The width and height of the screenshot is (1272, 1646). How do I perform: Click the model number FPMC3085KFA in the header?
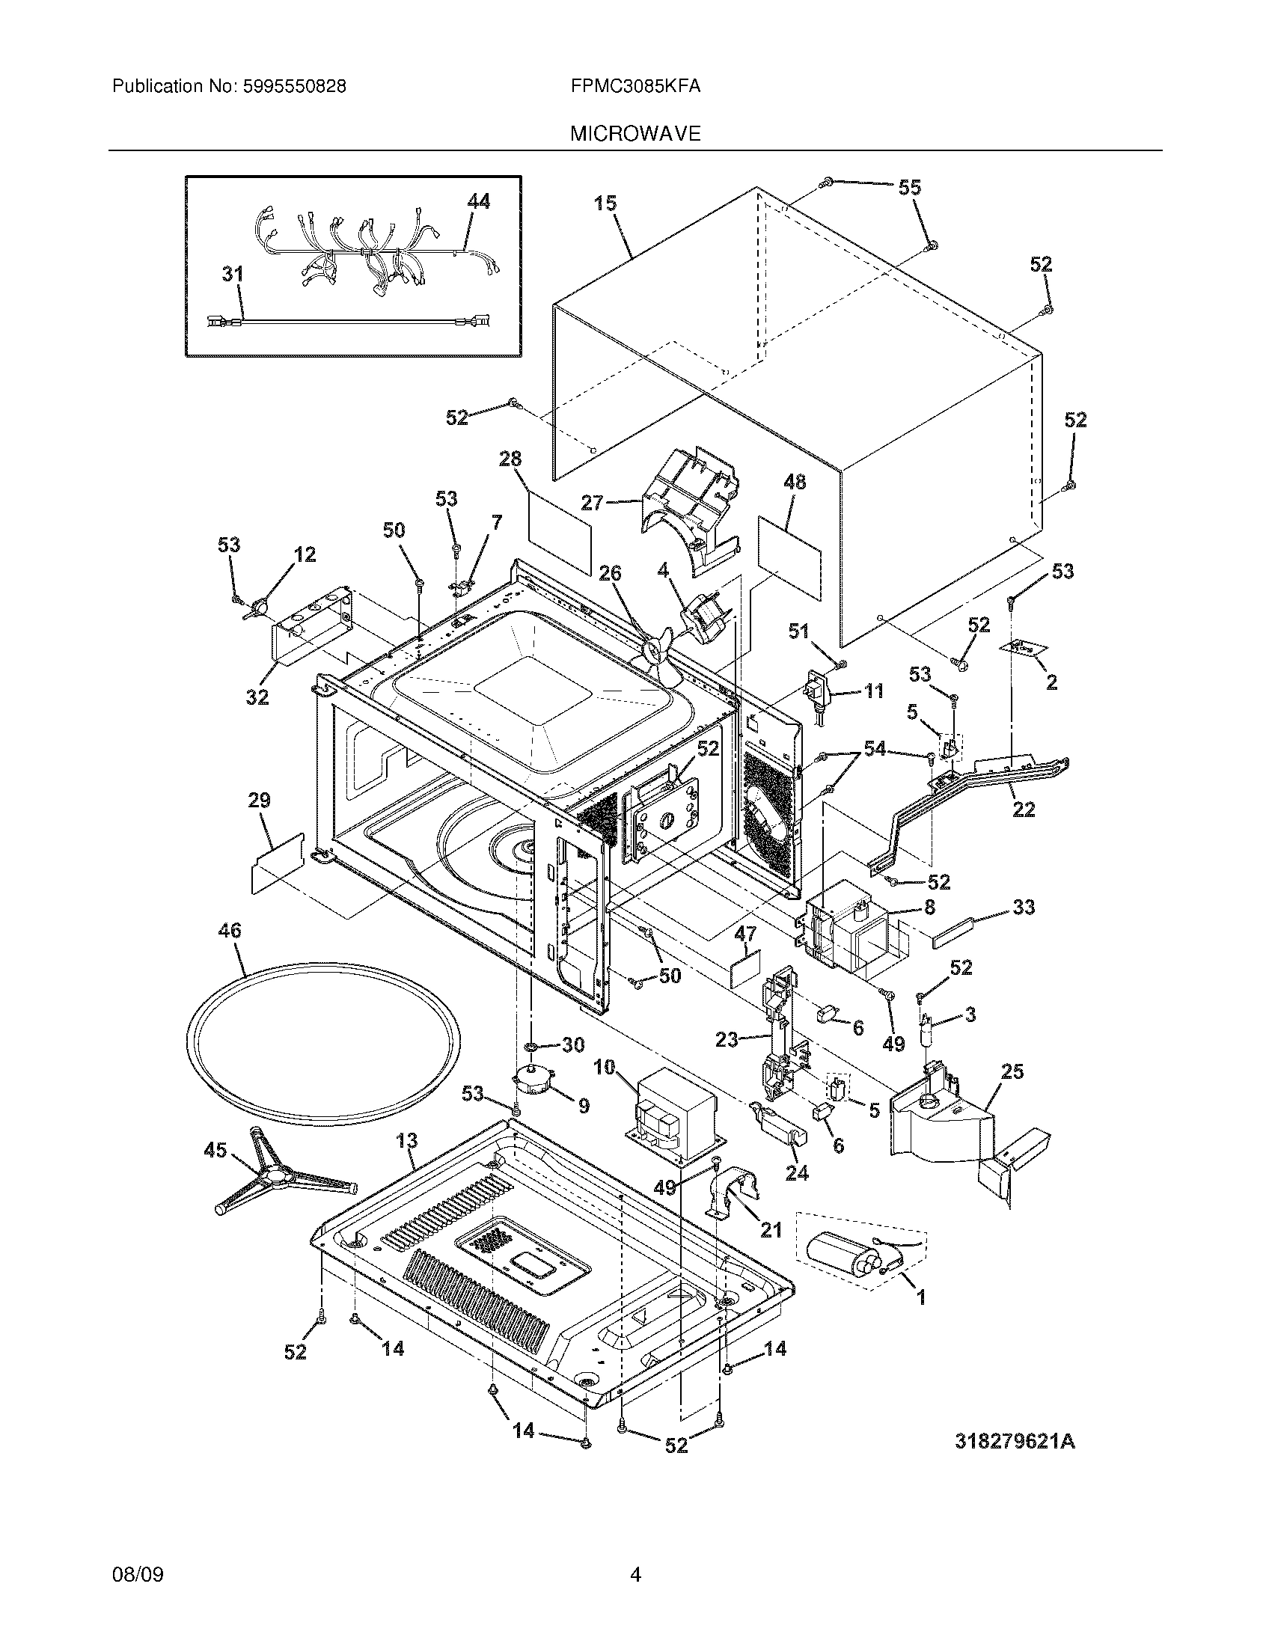[x=635, y=87]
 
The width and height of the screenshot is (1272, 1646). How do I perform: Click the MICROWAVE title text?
[x=635, y=134]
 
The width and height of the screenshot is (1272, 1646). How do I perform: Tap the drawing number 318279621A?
[x=1015, y=1442]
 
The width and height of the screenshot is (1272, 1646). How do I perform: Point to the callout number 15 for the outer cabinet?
[x=605, y=203]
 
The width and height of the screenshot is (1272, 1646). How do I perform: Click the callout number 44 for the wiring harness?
[x=478, y=201]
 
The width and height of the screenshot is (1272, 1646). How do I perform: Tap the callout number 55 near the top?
[x=910, y=188]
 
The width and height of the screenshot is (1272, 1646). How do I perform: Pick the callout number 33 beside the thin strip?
[x=1023, y=908]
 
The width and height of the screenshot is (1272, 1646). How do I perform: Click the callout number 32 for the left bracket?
[x=257, y=697]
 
